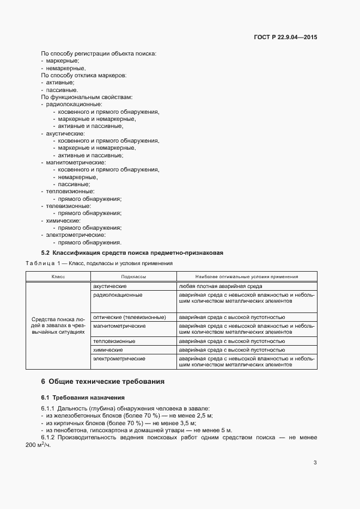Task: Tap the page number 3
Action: (x=315, y=463)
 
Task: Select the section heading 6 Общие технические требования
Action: (x=103, y=382)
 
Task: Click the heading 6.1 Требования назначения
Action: (x=83, y=397)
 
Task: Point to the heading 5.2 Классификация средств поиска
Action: (x=132, y=253)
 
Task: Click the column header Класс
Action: (x=58, y=277)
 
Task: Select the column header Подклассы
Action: (x=133, y=277)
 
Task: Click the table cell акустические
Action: (x=110, y=286)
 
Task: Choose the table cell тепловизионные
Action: (x=114, y=341)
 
